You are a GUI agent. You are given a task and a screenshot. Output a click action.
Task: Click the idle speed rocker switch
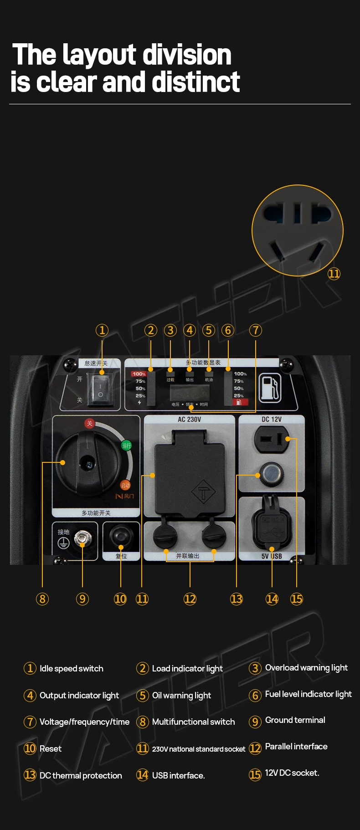pos(101,388)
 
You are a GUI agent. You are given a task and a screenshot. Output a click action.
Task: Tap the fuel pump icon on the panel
pos(270,388)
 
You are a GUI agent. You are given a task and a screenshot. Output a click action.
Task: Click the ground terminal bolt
pos(82,539)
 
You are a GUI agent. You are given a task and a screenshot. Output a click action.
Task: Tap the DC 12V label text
pos(271,419)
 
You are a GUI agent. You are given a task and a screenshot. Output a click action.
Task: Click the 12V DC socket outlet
pos(272,439)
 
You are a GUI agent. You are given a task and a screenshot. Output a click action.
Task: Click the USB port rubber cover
pos(272,524)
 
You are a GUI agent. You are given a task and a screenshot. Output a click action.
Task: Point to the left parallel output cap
pos(165,535)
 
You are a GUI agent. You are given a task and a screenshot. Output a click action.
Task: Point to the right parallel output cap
pos(214,535)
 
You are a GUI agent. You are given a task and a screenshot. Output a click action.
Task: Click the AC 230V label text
pos(189,419)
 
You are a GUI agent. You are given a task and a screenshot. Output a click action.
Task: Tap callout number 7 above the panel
pos(256,330)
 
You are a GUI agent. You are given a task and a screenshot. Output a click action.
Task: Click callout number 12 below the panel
pos(190,599)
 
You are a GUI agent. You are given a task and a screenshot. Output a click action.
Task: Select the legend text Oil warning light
pos(181,696)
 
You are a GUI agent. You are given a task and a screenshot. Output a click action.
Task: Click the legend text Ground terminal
pos(295,720)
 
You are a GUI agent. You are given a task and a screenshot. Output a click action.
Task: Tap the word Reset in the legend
pos(51,748)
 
